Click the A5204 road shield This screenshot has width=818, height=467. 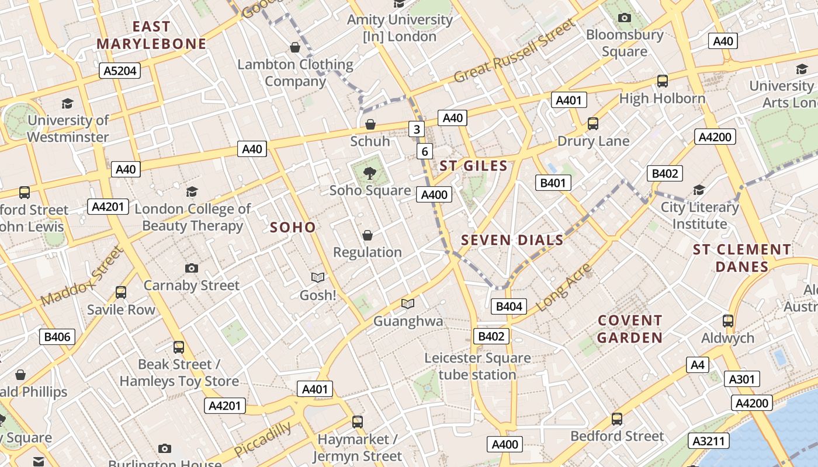click(x=120, y=71)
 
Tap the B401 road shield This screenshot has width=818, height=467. click(x=553, y=183)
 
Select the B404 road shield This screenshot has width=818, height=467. click(x=508, y=306)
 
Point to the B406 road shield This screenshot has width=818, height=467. click(x=57, y=336)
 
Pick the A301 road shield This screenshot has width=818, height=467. click(x=742, y=379)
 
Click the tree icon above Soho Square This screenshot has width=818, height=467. click(x=369, y=172)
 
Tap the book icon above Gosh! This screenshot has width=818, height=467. click(x=318, y=277)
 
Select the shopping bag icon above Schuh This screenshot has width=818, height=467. click(x=370, y=124)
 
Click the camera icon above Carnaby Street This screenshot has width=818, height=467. click(x=191, y=268)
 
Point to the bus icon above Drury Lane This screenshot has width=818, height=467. click(x=592, y=123)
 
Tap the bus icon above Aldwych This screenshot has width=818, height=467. click(x=727, y=320)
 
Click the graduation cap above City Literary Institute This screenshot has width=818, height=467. click(x=699, y=190)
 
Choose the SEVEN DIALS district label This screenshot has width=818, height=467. click(x=512, y=240)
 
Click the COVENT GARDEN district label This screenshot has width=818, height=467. click(x=630, y=329)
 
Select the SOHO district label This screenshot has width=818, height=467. click(x=293, y=227)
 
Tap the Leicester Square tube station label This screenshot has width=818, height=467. click(x=477, y=366)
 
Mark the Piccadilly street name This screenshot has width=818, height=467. click(x=262, y=439)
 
